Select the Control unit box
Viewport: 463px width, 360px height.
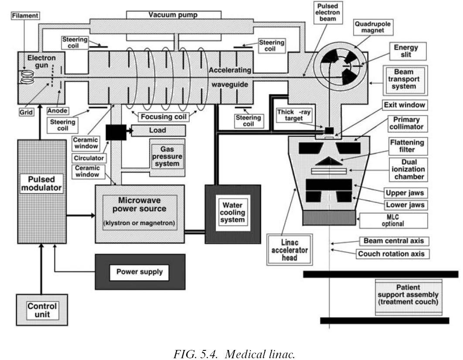pos(42,310)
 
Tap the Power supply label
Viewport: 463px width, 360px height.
pos(139,272)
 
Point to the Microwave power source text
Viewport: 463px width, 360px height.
pos(139,205)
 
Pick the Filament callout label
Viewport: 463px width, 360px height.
pos(25,15)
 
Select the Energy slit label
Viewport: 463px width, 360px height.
pos(405,51)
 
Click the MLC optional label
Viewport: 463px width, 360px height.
pos(393,220)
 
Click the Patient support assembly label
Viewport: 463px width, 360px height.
pos(408,295)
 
